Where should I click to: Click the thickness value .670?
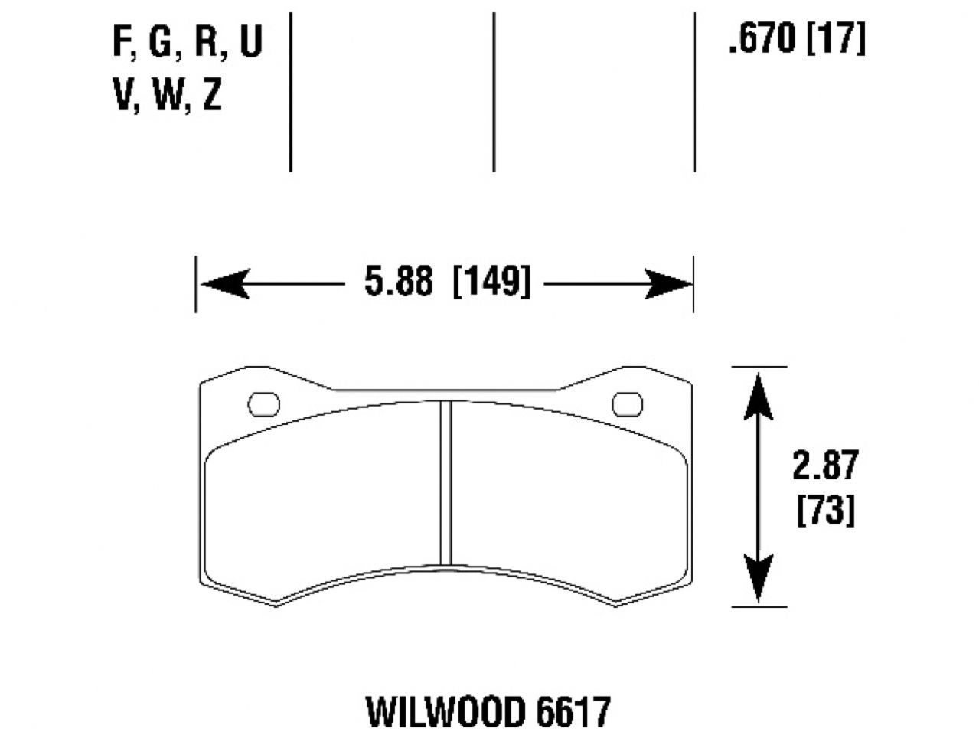pyautogui.click(x=762, y=38)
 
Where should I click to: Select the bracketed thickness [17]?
pyautogui.click(x=835, y=38)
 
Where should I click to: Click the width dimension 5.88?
pyautogui.click(x=397, y=283)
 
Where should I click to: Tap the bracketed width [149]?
pyautogui.click(x=491, y=283)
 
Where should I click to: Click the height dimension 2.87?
pyautogui.click(x=825, y=465)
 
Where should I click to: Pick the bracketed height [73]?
pyautogui.click(x=825, y=510)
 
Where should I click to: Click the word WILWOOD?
pyautogui.click(x=445, y=712)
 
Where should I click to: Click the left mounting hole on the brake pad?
pyautogui.click(x=264, y=404)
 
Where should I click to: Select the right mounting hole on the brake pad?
pyautogui.click(x=628, y=403)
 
